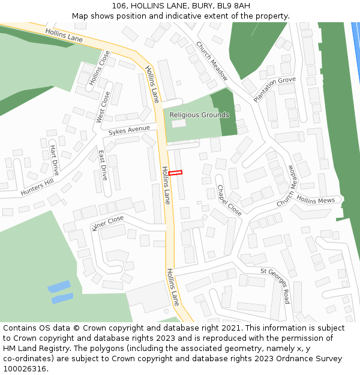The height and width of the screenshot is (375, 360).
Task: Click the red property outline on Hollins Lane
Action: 175,173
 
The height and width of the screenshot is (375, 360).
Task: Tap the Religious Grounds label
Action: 199,115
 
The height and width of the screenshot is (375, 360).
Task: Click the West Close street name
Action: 103,107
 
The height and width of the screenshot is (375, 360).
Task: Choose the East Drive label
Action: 103,165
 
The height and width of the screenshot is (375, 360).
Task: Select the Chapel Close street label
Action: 229,200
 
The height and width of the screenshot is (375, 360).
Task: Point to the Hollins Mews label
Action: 316,200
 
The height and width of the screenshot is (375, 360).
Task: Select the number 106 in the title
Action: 119,6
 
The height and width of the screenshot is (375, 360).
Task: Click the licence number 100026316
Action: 24,369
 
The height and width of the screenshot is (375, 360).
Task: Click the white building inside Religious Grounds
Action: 179,123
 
